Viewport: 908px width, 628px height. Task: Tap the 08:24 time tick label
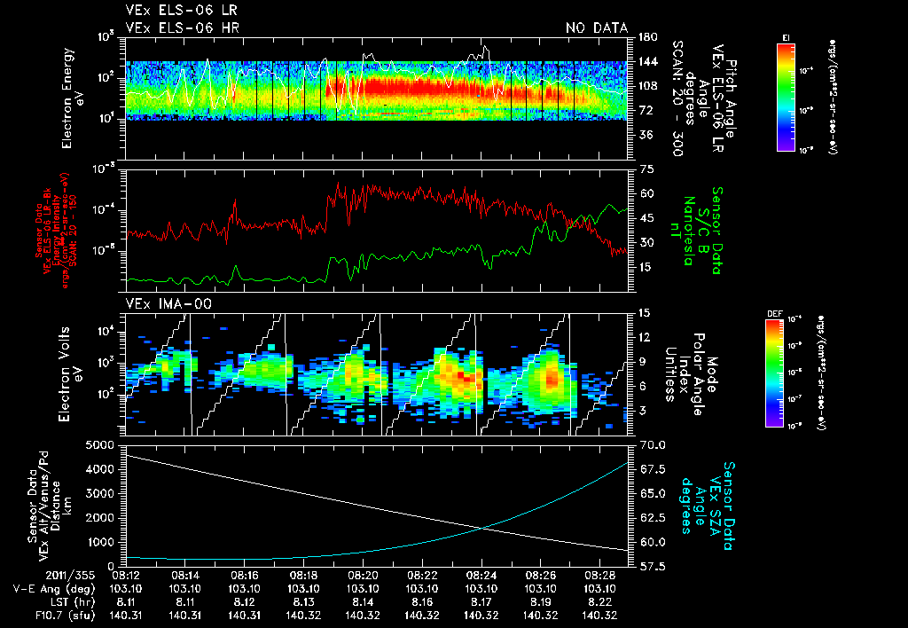coord(481,576)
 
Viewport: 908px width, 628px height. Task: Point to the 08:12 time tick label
coord(125,576)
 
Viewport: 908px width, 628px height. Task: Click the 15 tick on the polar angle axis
coord(644,312)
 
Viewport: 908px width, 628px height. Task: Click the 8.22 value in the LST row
coord(600,601)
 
